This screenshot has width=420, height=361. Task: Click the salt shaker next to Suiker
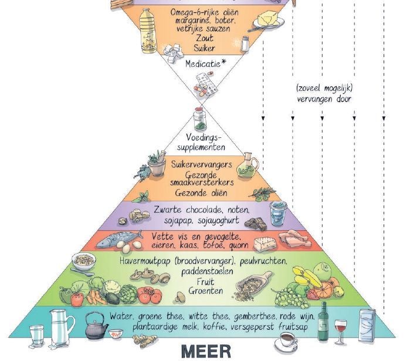[245, 43]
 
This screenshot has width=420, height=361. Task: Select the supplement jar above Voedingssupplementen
[199, 119]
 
